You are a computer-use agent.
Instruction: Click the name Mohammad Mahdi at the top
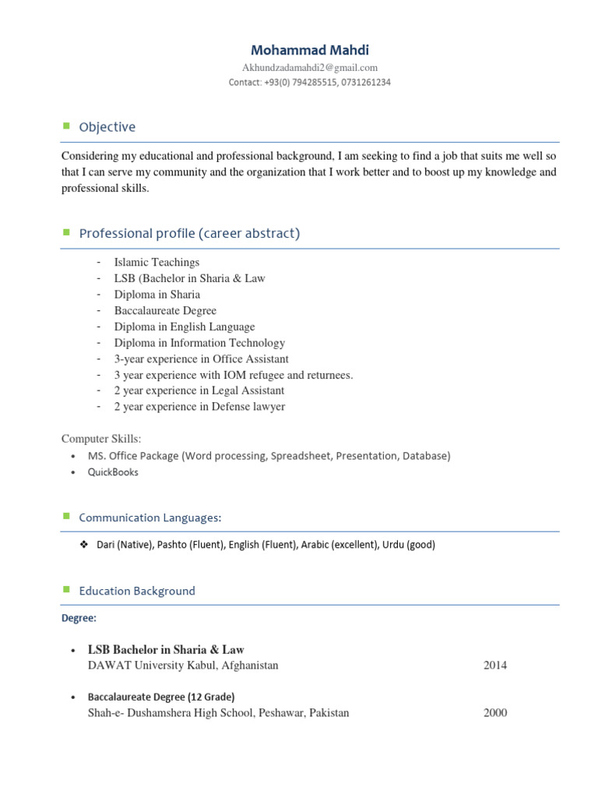[310, 50]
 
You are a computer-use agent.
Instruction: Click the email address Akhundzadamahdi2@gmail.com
[310, 68]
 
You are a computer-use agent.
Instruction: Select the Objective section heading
[107, 127]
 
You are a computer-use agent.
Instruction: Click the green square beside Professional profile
[66, 232]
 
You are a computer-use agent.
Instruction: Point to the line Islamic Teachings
[157, 263]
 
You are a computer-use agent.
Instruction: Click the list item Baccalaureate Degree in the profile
[165, 311]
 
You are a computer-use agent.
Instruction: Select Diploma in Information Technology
[199, 343]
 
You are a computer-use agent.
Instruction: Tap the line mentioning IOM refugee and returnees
[234, 375]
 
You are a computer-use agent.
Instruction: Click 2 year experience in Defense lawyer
[199, 407]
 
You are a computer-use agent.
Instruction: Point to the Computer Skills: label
[101, 440]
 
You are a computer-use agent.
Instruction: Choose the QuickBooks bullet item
[113, 472]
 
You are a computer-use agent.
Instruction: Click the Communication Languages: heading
[150, 517]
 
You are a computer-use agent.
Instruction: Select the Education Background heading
[137, 591]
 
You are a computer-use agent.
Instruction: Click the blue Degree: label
[79, 618]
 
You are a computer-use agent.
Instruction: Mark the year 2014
[495, 666]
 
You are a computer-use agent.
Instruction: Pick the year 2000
[495, 713]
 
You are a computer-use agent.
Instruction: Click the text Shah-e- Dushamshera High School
[195, 713]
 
